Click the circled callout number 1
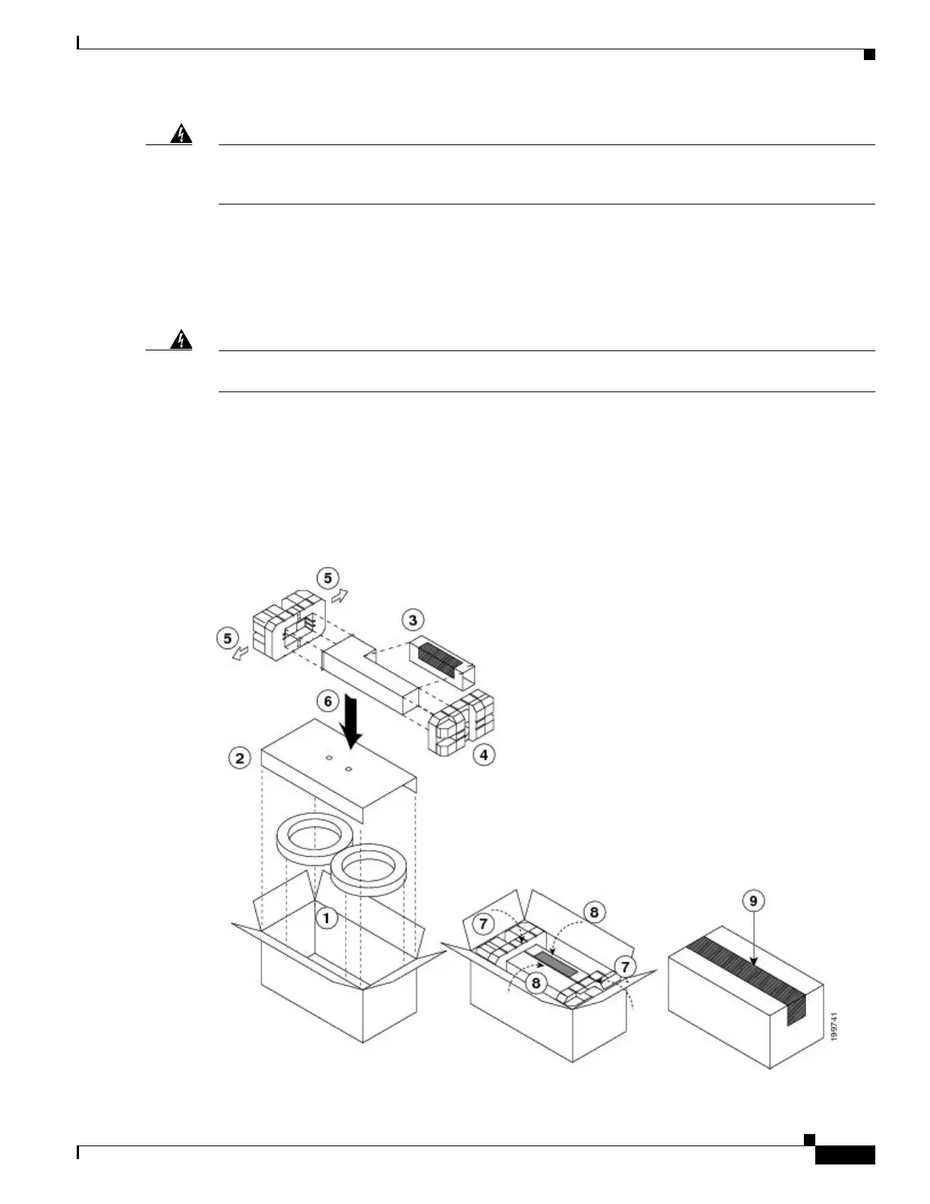click(326, 918)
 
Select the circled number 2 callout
click(240, 758)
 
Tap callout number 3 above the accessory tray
click(413, 620)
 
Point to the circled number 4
click(483, 755)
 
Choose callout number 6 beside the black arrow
click(328, 701)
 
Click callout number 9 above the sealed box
click(753, 901)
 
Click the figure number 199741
click(835, 1026)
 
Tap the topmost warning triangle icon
click(181, 135)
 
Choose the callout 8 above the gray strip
click(593, 912)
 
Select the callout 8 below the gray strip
click(536, 983)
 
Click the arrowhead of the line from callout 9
click(754, 963)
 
